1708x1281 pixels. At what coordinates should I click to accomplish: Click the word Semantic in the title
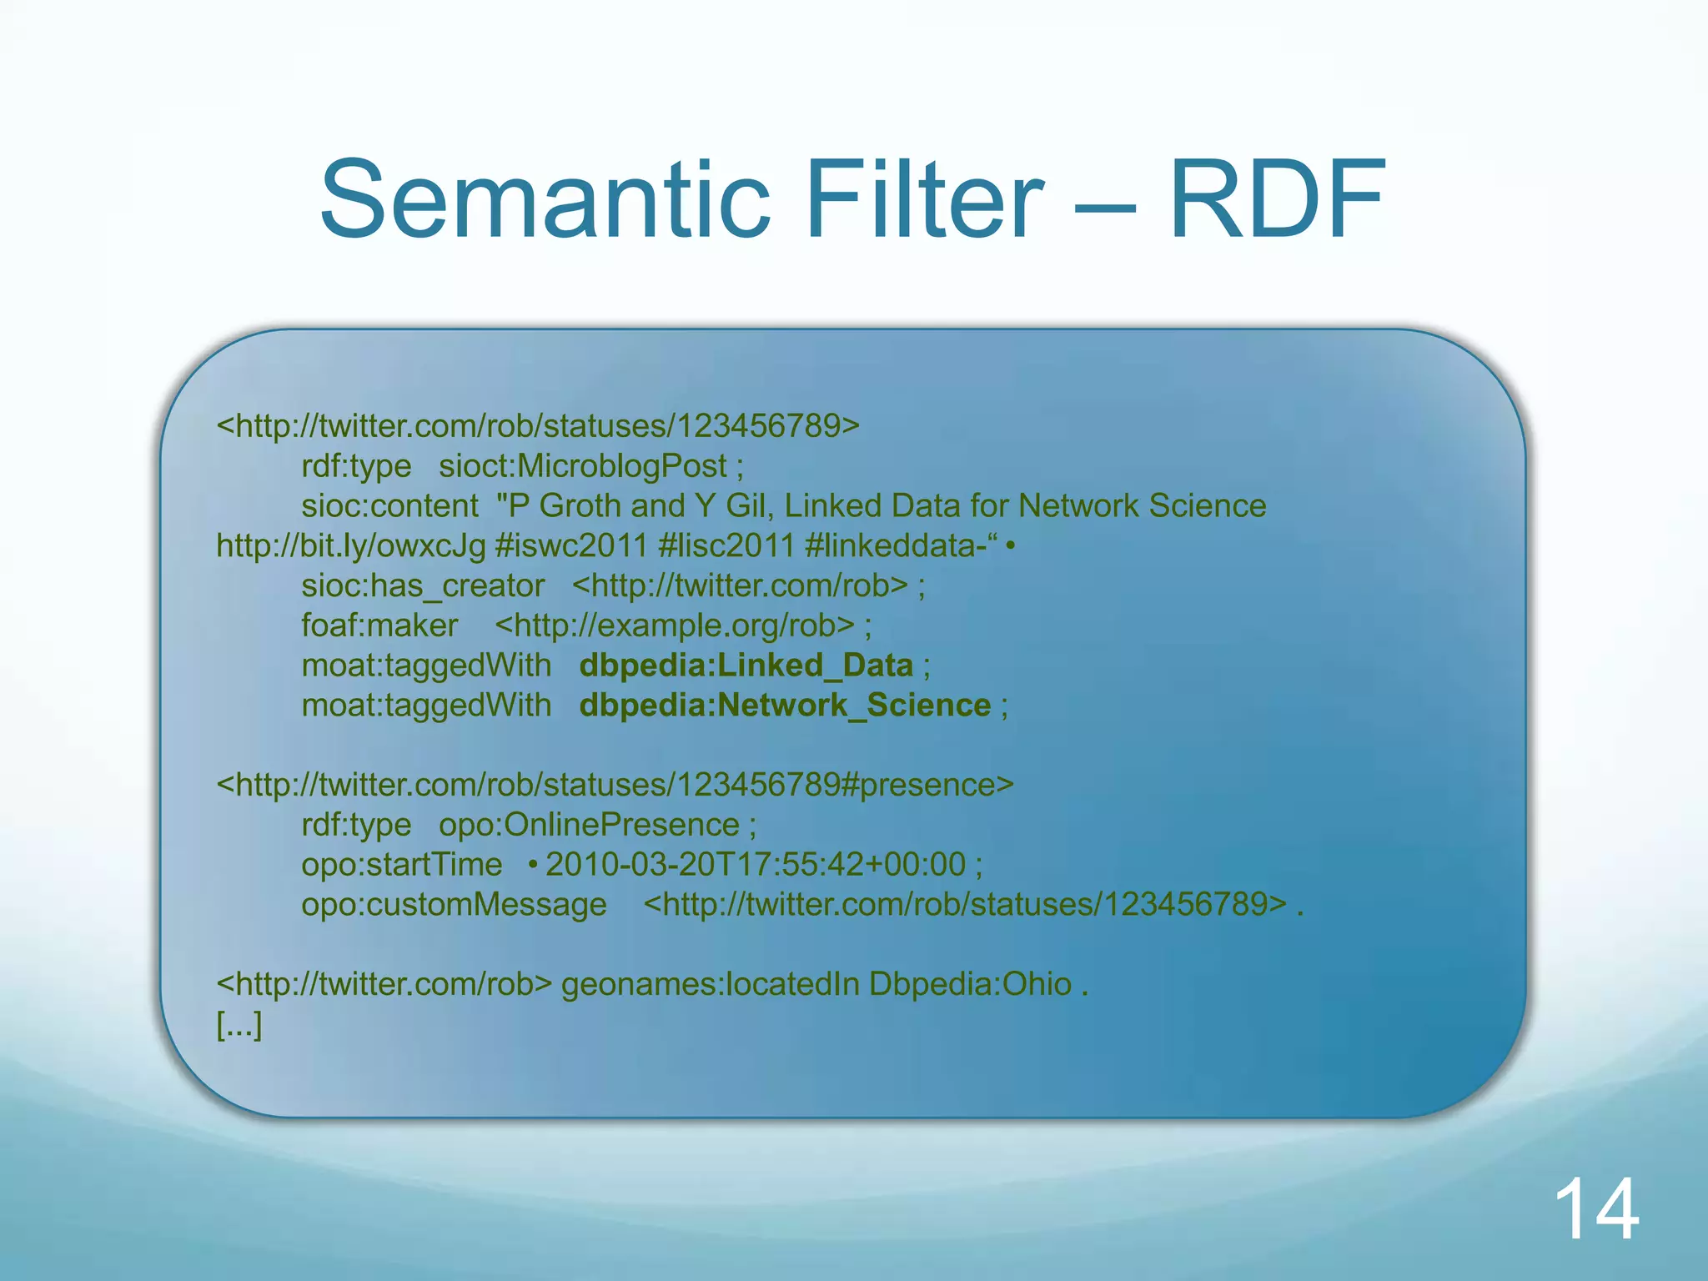pos(545,201)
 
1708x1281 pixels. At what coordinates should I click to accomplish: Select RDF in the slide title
pos(1277,201)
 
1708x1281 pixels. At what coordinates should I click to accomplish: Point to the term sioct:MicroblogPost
pos(583,466)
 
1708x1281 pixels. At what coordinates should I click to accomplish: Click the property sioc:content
pos(389,506)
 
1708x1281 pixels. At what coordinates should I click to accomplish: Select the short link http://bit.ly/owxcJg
pos(350,546)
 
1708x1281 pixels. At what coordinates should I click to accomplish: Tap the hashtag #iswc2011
pos(571,546)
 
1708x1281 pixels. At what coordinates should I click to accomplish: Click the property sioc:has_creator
pos(423,585)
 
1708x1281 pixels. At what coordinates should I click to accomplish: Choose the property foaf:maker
pos(379,625)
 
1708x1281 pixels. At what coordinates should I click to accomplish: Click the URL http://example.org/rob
pos(675,625)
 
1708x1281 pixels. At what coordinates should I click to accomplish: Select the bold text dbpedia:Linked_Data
pos(746,666)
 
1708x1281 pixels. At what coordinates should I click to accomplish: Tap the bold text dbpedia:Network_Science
pos(785,706)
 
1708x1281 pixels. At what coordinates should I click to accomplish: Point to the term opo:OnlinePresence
pos(589,825)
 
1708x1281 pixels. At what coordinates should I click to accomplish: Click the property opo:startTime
pos(402,865)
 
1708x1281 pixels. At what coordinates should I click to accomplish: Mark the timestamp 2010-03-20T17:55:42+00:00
pos(756,865)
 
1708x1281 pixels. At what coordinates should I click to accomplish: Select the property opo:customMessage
pos(455,905)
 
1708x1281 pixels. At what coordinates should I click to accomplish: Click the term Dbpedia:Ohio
pos(970,985)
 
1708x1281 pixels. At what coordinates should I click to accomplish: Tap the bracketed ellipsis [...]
pos(239,1025)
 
